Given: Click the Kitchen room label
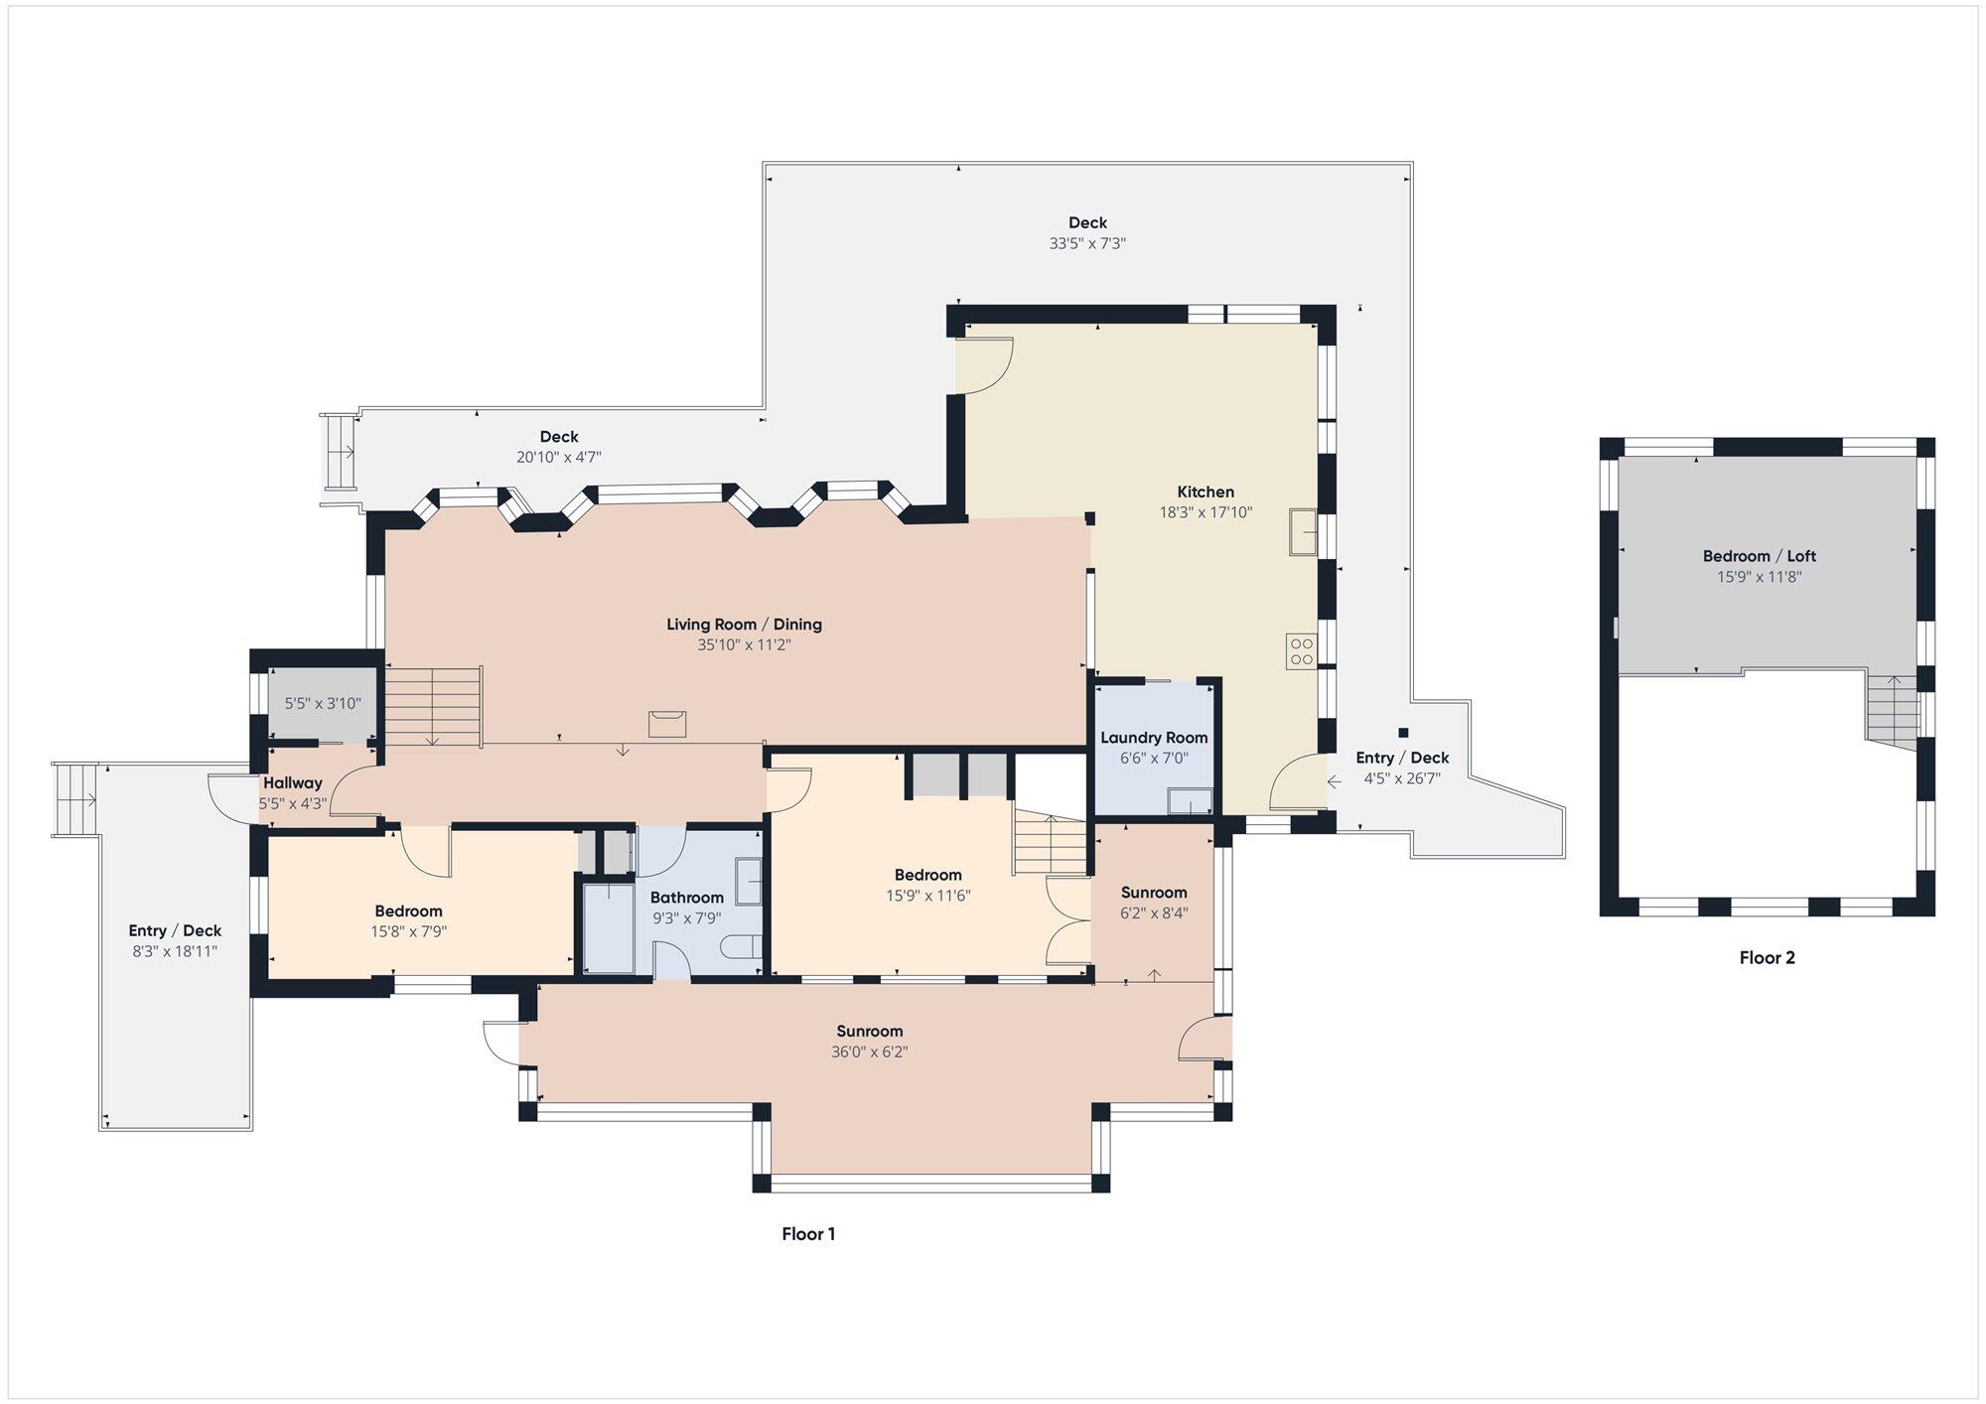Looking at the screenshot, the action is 1206,491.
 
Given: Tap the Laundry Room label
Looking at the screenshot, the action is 1154,738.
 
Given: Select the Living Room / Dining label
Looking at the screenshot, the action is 744,625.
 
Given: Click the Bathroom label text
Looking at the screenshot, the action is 687,898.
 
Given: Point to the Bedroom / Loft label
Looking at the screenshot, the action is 1760,556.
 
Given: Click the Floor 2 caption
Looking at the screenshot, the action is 1768,958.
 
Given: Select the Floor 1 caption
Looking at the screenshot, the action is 808,1234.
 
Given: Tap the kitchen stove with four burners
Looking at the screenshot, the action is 1302,650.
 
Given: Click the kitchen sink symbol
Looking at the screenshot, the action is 1303,531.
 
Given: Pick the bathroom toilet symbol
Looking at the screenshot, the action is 741,947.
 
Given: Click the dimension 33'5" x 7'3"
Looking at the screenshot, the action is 1087,243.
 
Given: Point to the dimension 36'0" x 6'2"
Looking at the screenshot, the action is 870,1053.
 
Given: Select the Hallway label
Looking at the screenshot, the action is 293,782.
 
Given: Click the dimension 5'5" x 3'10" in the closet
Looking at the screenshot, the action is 323,703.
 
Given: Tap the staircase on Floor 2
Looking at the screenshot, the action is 1893,710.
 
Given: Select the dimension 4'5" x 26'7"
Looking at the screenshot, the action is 1402,779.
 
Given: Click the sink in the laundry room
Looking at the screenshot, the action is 1190,800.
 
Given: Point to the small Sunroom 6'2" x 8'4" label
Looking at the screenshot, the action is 1154,903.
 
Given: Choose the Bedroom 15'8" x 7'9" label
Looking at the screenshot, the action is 408,921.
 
